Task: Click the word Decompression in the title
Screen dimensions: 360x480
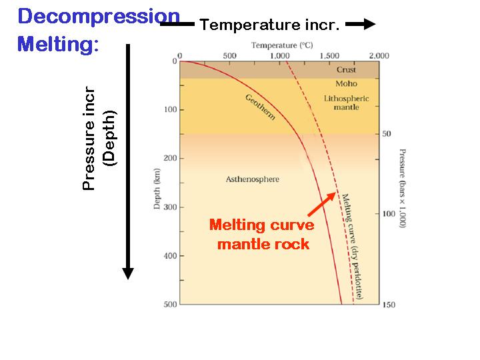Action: click(x=99, y=17)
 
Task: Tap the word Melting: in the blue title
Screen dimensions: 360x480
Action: click(x=58, y=44)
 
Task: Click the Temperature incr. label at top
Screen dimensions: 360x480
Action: click(x=270, y=25)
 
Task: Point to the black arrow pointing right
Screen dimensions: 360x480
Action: click(x=361, y=24)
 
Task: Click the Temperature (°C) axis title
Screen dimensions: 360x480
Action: click(x=282, y=45)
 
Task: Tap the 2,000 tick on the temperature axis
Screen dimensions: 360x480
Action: click(x=378, y=55)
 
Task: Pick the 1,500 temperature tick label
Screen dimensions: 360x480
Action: click(x=329, y=55)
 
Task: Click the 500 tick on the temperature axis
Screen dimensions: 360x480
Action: click(x=230, y=55)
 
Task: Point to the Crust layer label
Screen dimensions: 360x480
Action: click(x=346, y=70)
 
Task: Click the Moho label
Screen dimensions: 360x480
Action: click(x=346, y=84)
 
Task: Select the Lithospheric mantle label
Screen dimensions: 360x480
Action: click(x=346, y=103)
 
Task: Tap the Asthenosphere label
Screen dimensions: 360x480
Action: click(x=252, y=179)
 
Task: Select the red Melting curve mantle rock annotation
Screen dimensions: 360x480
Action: click(x=262, y=234)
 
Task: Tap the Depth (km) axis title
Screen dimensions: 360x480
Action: click(x=158, y=189)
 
